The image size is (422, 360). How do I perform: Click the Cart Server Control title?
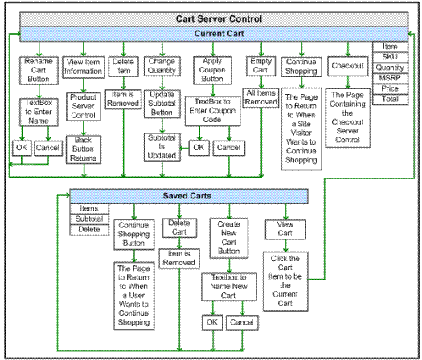point(219,18)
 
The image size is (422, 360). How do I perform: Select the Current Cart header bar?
point(214,34)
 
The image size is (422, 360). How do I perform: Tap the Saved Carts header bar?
point(189,196)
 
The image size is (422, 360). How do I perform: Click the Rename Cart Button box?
point(39,71)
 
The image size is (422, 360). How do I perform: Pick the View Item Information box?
point(84,67)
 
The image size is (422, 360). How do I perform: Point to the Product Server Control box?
point(84,107)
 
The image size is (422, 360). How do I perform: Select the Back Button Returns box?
point(84,149)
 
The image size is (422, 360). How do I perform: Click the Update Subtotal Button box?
point(162,104)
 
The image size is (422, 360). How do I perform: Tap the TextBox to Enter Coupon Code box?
point(213,111)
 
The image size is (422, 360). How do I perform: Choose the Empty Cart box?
point(260,66)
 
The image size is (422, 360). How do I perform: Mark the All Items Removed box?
point(260,98)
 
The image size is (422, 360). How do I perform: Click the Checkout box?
point(348,66)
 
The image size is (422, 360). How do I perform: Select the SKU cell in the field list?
point(390,57)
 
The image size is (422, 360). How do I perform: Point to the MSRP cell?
point(390,78)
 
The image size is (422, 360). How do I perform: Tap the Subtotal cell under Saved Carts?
point(89,219)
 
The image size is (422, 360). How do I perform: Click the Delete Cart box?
point(179,227)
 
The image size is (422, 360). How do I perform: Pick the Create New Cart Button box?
point(229,238)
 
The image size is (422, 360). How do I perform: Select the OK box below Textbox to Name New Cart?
point(212,322)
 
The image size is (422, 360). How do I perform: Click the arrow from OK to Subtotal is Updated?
point(184,148)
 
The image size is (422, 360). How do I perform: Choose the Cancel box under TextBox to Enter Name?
point(48,148)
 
